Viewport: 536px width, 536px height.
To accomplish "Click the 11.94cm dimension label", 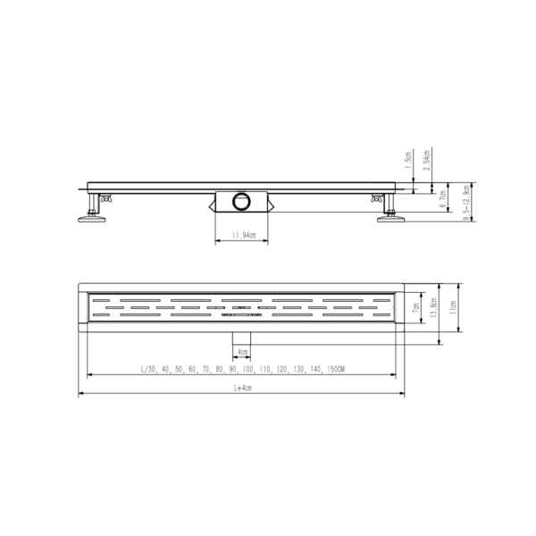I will pyautogui.click(x=242, y=236).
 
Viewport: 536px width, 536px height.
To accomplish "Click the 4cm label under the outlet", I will pyautogui.click(x=242, y=352).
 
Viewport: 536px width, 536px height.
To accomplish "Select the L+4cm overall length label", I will pyautogui.click(x=242, y=387).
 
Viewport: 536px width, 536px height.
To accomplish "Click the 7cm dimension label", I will pyautogui.click(x=415, y=308).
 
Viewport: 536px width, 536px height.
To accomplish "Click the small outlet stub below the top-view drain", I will pyautogui.click(x=242, y=336).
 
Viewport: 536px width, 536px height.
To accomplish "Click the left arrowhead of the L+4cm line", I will pyautogui.click(x=82, y=394).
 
